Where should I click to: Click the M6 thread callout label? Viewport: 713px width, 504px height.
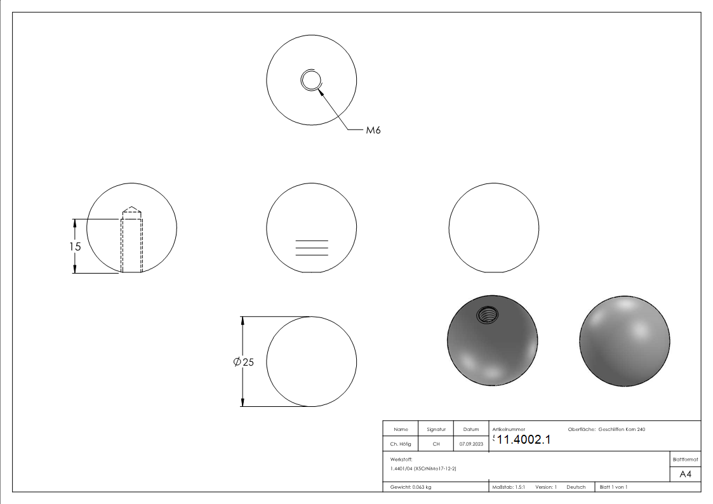373,130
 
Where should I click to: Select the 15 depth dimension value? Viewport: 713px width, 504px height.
75,246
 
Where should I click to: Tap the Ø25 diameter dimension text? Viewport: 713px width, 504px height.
243,362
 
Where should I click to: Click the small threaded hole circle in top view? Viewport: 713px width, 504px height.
311,81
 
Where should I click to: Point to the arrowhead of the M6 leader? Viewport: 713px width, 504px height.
321,92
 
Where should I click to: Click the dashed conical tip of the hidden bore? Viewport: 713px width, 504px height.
131,209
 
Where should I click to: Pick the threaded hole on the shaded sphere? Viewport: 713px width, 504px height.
487,314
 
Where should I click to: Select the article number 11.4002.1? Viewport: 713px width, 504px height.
523,439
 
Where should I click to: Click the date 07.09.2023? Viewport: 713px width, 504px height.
471,444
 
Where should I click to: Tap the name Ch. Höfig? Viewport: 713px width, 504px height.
400,444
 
